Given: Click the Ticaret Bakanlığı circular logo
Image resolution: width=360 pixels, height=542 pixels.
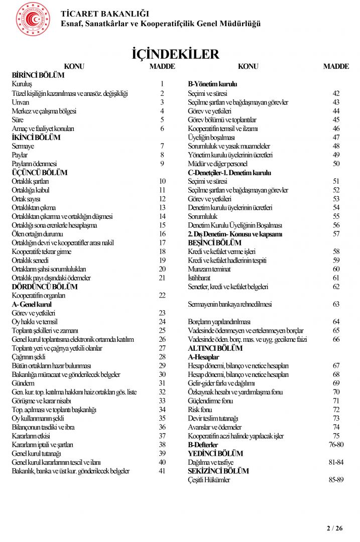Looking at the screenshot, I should [x=33, y=19].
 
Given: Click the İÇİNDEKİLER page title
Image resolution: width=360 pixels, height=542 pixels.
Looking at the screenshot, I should [x=175, y=54].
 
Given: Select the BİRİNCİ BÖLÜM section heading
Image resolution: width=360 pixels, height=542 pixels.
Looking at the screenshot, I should [x=38, y=75].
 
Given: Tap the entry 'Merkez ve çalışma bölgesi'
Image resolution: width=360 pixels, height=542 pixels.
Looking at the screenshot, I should [x=44, y=111].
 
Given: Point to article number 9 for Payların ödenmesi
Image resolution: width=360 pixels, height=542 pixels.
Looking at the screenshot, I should [x=162, y=164].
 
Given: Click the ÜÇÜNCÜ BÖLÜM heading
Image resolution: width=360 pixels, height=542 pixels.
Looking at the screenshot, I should [x=39, y=172].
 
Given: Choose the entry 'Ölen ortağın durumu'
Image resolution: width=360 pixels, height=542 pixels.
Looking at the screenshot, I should [x=37, y=234].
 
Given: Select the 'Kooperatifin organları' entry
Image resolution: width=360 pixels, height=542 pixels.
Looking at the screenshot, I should [x=39, y=296].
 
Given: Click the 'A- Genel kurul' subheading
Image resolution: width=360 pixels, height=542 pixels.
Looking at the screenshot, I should [x=32, y=304].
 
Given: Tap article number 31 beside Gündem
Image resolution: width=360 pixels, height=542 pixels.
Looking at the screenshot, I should [x=162, y=383].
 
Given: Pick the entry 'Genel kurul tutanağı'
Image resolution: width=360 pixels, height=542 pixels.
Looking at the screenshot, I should [x=36, y=454].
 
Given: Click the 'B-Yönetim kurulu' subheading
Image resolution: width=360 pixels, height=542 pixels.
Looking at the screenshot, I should [x=212, y=84].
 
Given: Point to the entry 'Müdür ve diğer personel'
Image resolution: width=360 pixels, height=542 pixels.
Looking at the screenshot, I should [x=217, y=164].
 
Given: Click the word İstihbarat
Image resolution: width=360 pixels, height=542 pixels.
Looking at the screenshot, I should [x=199, y=278].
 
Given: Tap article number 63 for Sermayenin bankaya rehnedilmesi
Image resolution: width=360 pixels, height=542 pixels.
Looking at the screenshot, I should [x=336, y=304].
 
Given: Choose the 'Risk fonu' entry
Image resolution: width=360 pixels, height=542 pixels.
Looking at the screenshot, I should [x=200, y=410].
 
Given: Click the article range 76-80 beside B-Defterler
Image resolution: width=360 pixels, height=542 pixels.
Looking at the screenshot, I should [x=336, y=445].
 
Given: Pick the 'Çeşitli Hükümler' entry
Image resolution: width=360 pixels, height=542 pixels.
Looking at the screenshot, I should [x=209, y=480].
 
